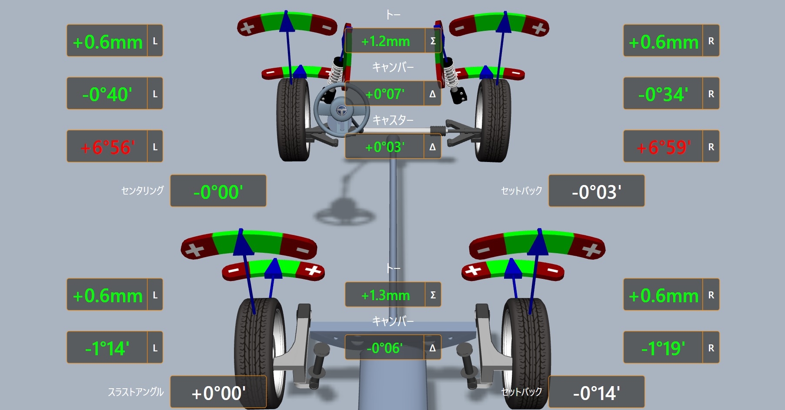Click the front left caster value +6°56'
[x=107, y=147]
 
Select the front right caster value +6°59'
[x=664, y=147]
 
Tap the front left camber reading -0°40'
[x=107, y=94]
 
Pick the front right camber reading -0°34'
[x=664, y=94]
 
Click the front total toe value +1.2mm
[x=385, y=41]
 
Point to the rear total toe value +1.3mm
[x=385, y=295]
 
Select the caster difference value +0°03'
[x=385, y=147]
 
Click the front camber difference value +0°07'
[x=385, y=94]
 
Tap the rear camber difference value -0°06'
[x=384, y=348]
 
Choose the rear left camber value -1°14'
[x=107, y=348]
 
